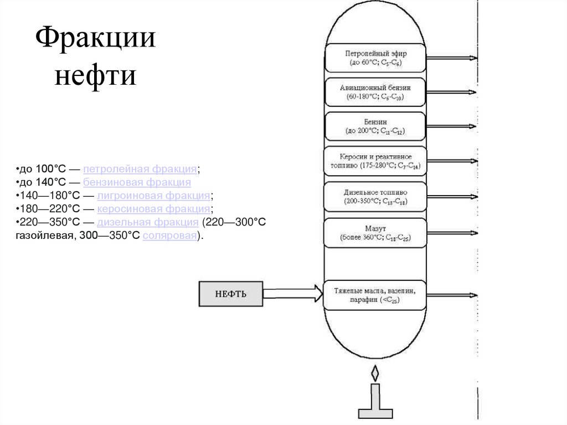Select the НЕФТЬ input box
231,294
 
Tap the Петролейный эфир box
375,58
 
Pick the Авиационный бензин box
375,93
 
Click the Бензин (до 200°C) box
375,126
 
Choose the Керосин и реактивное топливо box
375,161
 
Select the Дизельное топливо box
375,197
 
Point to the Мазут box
375,233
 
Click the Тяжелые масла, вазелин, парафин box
375,295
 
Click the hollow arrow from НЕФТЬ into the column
292,293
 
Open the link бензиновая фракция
137,182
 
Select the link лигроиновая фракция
153,196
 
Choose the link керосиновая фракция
153,209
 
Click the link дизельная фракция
148,223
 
